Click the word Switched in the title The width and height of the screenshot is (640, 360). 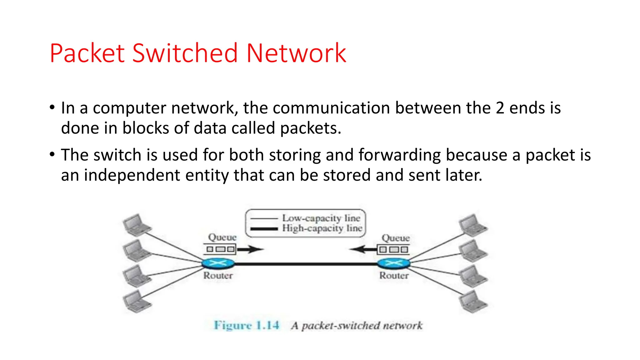(x=185, y=53)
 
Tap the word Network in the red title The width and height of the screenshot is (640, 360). (x=296, y=53)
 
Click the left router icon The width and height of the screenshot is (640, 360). (x=218, y=263)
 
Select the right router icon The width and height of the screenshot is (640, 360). (x=393, y=263)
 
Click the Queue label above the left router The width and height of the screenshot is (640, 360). (x=222, y=237)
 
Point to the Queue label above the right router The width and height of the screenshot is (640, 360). (x=396, y=238)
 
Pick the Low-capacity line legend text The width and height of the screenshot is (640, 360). (x=321, y=218)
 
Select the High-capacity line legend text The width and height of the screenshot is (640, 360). (x=322, y=228)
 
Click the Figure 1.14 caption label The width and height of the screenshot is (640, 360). (x=247, y=325)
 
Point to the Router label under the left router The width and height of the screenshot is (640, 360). (x=218, y=276)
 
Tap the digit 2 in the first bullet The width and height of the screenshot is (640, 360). (x=500, y=108)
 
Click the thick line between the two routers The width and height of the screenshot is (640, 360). (x=306, y=264)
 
